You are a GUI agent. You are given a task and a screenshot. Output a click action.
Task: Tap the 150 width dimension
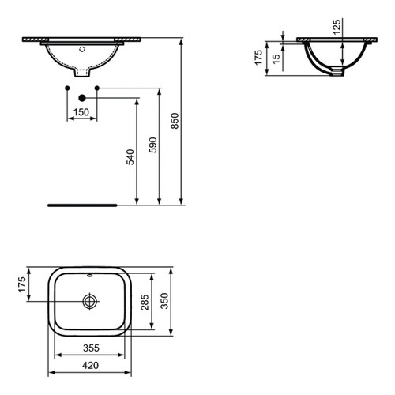pyautogui.click(x=81, y=113)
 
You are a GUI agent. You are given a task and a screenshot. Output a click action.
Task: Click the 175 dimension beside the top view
pyautogui.click(x=22, y=284)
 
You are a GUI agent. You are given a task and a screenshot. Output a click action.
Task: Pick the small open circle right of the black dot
pyautogui.click(x=96, y=87)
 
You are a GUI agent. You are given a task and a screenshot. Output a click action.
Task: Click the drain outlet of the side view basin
pyautogui.click(x=337, y=73)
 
